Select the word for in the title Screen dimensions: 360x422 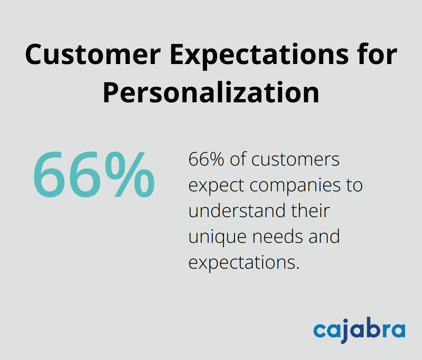[376, 55]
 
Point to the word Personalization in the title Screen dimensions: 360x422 [211, 93]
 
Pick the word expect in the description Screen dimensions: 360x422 [216, 185]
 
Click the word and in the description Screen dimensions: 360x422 [324, 236]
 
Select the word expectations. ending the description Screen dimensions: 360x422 [244, 262]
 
